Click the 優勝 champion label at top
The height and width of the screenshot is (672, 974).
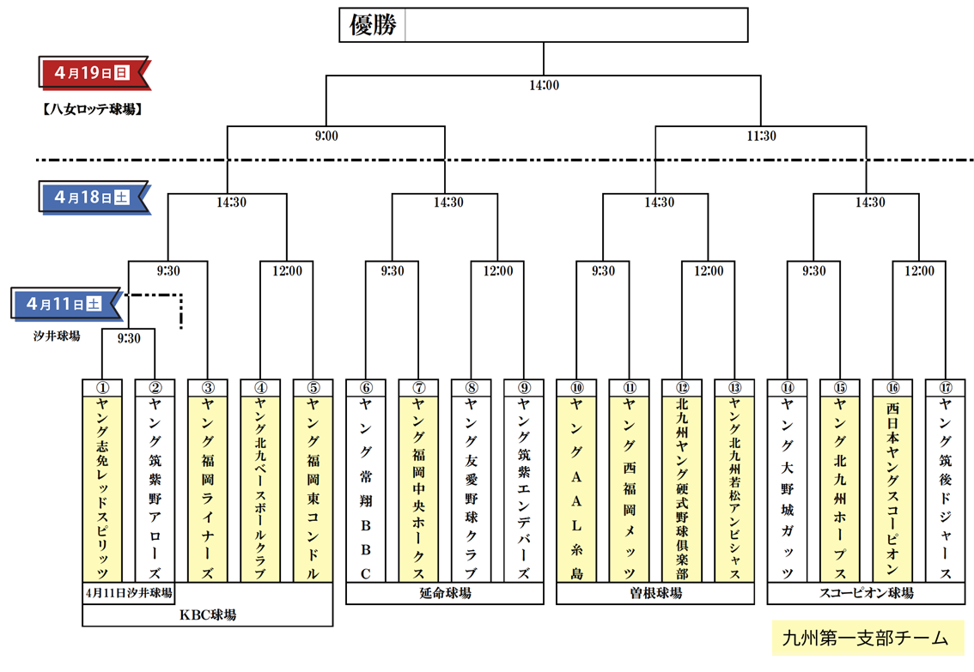(373, 26)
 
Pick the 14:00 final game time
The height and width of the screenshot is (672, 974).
(543, 85)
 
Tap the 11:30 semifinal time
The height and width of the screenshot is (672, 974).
(760, 136)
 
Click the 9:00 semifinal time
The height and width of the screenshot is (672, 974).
(326, 136)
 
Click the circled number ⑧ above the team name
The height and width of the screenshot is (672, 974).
(471, 387)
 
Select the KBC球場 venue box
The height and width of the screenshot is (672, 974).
(207, 614)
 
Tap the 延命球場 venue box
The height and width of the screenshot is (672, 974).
(445, 593)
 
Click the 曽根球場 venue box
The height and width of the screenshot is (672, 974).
(654, 593)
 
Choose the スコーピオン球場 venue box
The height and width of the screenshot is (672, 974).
(865, 593)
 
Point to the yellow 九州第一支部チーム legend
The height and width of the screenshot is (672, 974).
(866, 639)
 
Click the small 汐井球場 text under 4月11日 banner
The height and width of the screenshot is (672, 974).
(53, 336)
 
